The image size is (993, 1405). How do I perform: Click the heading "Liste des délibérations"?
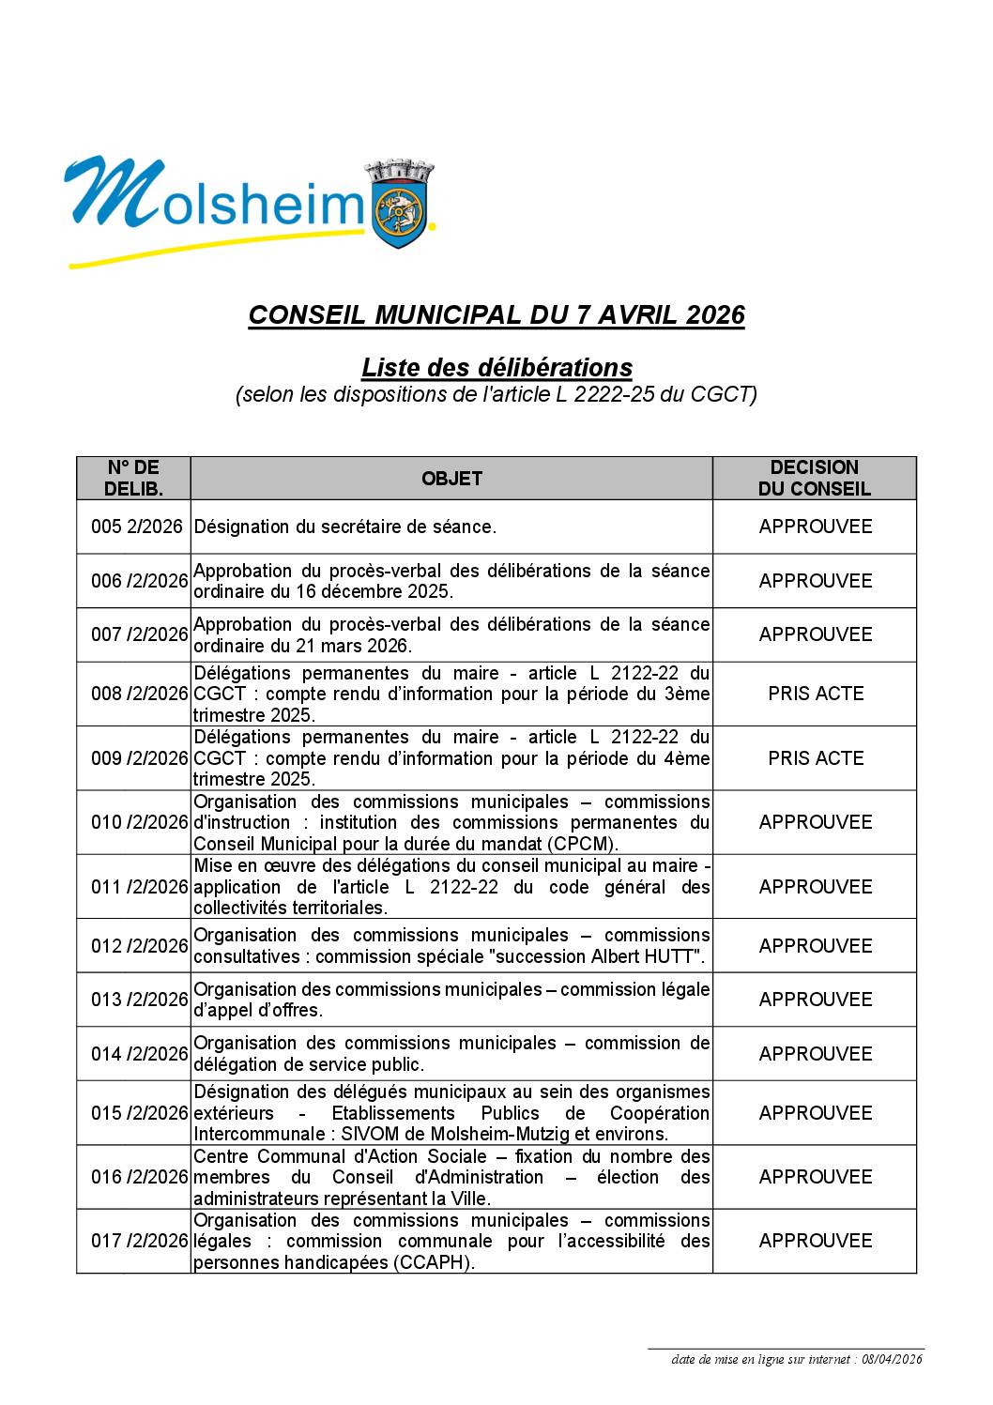(x=496, y=367)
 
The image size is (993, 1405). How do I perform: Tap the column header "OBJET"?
(x=451, y=479)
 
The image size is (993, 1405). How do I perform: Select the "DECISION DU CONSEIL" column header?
(x=814, y=478)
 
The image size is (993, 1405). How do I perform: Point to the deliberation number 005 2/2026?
(x=136, y=527)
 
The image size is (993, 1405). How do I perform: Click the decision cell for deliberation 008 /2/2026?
(x=815, y=694)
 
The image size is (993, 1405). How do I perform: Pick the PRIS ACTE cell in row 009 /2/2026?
(x=815, y=758)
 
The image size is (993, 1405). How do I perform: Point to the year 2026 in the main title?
(x=715, y=315)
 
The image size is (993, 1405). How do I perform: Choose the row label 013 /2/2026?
(x=139, y=1000)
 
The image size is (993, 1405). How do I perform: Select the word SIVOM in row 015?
(x=372, y=1134)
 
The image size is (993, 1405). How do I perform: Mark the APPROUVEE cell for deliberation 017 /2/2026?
(x=815, y=1241)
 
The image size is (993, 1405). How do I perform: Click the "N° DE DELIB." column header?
(x=133, y=478)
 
